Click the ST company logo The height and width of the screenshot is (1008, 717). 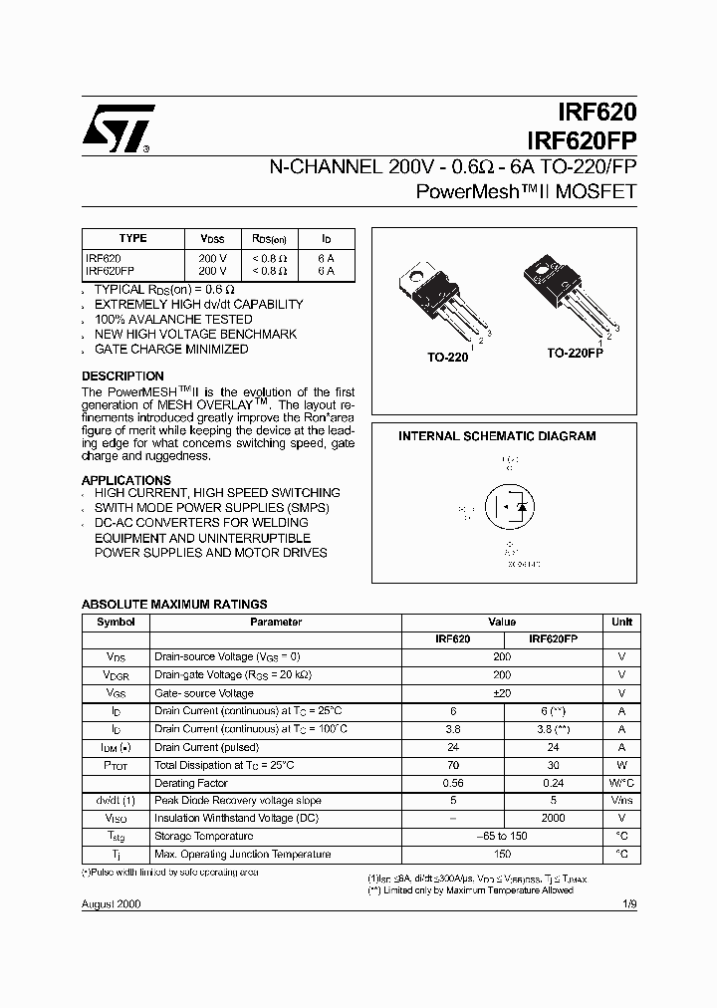tap(118, 128)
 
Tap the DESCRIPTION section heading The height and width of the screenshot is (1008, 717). tap(122, 377)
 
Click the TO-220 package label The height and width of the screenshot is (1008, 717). tap(448, 357)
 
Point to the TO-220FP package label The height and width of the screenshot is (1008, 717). tap(575, 354)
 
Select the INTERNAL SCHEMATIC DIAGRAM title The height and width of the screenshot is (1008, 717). tap(497, 436)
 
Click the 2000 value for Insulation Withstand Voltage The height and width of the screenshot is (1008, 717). tap(552, 818)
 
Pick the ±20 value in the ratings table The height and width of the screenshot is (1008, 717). tap(502, 693)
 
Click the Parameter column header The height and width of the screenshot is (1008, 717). tap(275, 622)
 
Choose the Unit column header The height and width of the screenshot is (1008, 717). tap(621, 622)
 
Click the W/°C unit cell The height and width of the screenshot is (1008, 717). tap(621, 783)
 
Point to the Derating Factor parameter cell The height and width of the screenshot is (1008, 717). tap(191, 783)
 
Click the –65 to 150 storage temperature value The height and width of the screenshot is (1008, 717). tap(502, 837)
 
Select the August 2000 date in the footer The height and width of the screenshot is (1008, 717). tap(111, 904)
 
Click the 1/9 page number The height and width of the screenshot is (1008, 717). tap(626, 904)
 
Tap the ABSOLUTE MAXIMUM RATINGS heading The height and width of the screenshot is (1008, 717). tap(173, 604)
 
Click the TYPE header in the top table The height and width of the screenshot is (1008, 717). tap(132, 239)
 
